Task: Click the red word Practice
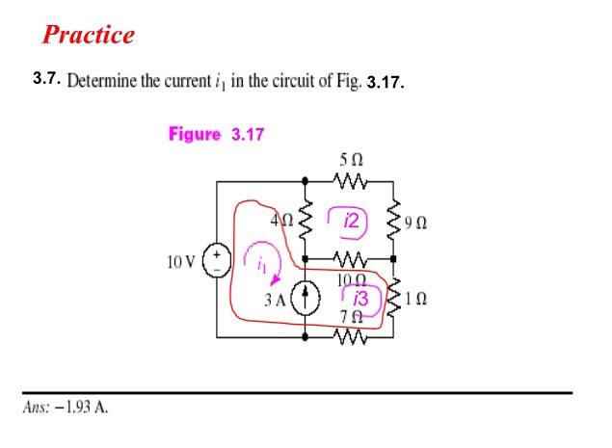tap(89, 36)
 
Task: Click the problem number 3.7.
tap(47, 77)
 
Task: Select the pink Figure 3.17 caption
tap(216, 134)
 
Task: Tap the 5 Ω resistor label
tap(350, 156)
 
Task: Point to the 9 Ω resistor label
tap(416, 223)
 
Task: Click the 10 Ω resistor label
tap(348, 279)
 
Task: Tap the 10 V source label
tap(180, 261)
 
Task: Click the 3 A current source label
tap(275, 299)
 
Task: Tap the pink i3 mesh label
tap(360, 298)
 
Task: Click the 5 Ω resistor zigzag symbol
tap(349, 180)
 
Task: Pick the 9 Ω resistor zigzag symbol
tap(394, 221)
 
